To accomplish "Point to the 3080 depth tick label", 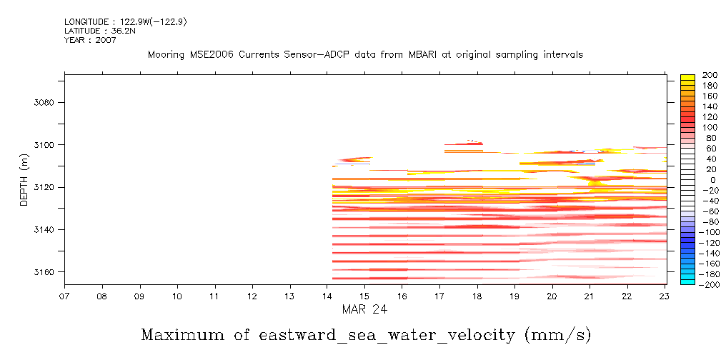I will point(44,102).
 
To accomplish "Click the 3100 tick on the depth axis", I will point(44,145).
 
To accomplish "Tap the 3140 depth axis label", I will point(44,230).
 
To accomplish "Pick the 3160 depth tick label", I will point(44,272).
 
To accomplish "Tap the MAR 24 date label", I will point(364,309).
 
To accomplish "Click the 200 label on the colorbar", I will point(709,76).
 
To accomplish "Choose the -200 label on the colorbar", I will point(707,284).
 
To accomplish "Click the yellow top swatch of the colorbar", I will point(688,78).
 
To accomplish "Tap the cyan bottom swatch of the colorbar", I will point(688,281).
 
